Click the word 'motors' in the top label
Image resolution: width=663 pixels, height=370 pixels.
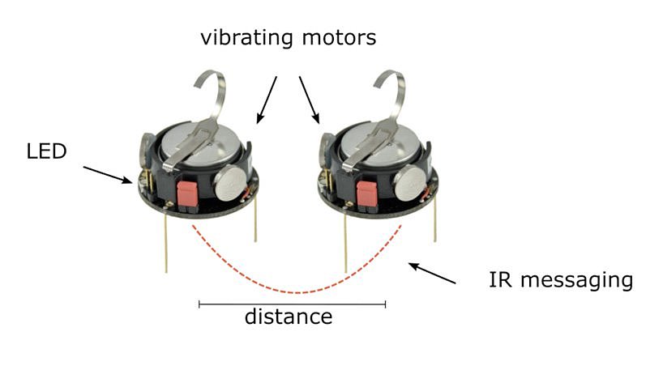[x=338, y=37]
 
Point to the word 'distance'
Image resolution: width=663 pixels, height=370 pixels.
[x=289, y=316]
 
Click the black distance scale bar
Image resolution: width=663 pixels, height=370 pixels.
[x=292, y=304]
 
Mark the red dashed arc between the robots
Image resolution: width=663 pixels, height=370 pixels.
[x=297, y=290]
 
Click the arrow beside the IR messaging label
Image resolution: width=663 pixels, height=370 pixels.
[x=433, y=274]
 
